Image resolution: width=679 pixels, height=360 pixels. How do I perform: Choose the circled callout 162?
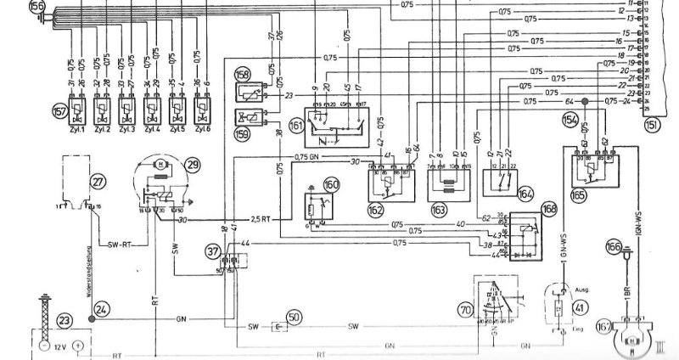(375, 207)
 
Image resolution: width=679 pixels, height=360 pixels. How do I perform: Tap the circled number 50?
(293, 318)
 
